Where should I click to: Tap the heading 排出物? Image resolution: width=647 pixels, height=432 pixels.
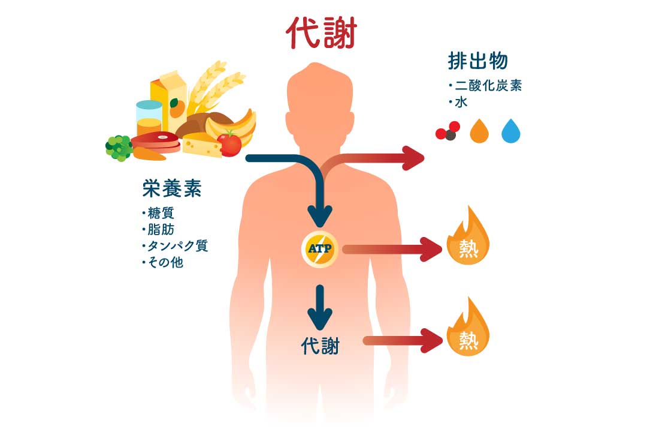(x=477, y=61)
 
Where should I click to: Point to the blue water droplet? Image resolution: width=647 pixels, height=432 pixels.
(x=510, y=131)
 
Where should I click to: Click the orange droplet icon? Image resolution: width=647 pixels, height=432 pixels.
(x=479, y=131)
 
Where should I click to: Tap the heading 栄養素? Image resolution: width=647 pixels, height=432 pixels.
(x=172, y=189)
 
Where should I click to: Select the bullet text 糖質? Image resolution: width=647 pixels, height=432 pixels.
(x=161, y=213)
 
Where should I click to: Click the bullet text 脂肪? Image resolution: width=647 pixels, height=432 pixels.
(x=161, y=229)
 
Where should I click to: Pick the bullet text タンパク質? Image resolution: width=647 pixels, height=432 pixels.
(x=177, y=245)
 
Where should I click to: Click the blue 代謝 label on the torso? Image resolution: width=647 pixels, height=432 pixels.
(x=321, y=346)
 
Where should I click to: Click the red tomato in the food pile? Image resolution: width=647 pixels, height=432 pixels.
(x=229, y=143)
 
